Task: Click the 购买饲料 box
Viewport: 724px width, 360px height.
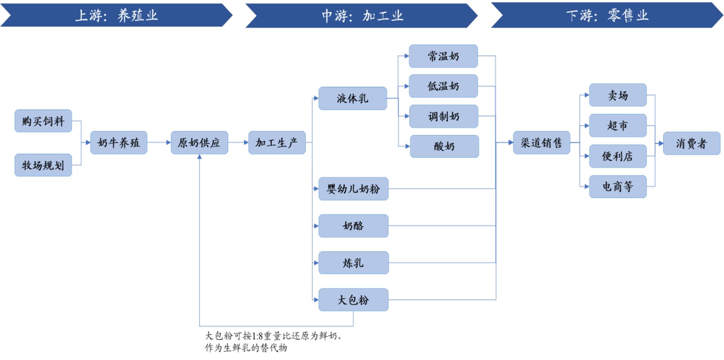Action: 43,121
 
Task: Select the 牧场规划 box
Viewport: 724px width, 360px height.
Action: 43,165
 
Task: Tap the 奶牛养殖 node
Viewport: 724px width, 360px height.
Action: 119,142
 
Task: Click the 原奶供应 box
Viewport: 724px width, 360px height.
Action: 199,142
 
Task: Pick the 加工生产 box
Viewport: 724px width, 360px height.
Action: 277,142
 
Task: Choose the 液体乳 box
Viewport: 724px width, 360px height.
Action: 353,98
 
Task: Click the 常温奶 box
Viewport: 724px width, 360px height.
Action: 443,56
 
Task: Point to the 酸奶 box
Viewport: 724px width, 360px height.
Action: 444,146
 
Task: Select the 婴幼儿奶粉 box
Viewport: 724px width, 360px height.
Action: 353,189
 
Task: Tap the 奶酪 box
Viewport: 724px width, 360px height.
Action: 353,226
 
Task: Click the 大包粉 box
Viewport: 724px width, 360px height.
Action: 353,300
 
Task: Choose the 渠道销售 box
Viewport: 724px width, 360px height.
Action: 542,142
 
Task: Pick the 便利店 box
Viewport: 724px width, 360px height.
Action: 617,156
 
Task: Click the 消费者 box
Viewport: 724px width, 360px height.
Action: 691,143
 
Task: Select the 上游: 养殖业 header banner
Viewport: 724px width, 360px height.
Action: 116,15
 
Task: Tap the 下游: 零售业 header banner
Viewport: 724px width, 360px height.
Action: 607,15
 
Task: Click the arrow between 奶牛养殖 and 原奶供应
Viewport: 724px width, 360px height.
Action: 159,142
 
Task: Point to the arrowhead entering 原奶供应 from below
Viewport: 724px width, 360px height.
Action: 199,157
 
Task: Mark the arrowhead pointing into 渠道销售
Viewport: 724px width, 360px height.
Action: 510,142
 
